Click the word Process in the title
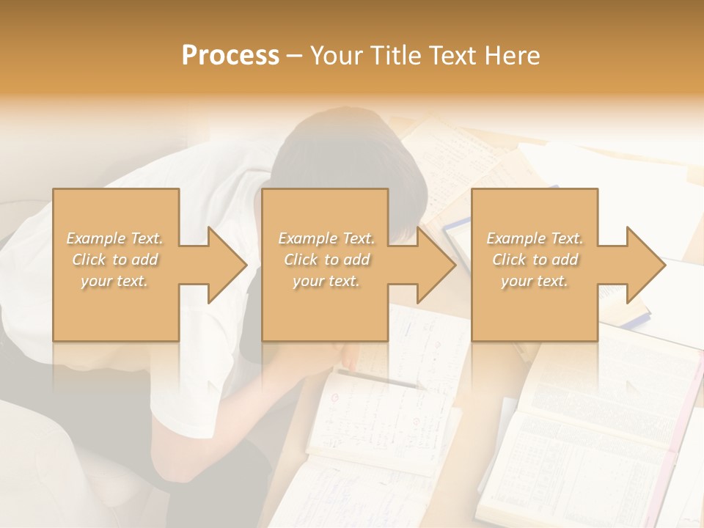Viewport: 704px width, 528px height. point(230,55)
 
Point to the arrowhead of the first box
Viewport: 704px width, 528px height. point(228,265)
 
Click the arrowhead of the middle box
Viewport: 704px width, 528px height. point(437,265)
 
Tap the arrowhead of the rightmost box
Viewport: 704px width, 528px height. point(647,265)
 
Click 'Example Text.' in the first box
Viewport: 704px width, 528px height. point(114,238)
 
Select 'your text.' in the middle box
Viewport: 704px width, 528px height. point(326,281)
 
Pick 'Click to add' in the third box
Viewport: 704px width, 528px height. point(535,260)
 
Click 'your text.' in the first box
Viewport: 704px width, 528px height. point(114,281)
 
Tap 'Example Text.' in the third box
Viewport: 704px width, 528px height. point(535,238)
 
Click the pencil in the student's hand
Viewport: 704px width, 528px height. point(381,379)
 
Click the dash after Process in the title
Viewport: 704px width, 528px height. point(295,56)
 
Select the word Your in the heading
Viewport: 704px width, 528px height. point(337,55)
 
